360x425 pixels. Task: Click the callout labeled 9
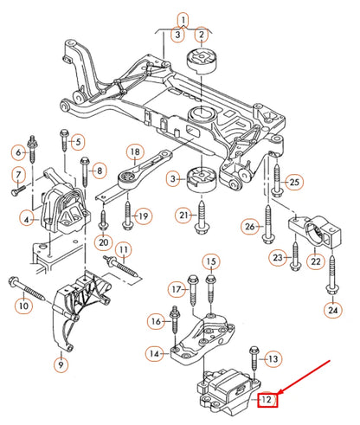coord(60,366)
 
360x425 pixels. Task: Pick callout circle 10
coord(22,306)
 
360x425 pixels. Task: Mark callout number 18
coord(134,151)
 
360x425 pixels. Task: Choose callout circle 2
coord(201,35)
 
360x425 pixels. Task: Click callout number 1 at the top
coord(183,17)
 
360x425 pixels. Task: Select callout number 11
coord(124,252)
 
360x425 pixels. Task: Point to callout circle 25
coord(294,182)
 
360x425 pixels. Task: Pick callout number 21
coord(183,215)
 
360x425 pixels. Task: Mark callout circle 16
coord(155,321)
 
